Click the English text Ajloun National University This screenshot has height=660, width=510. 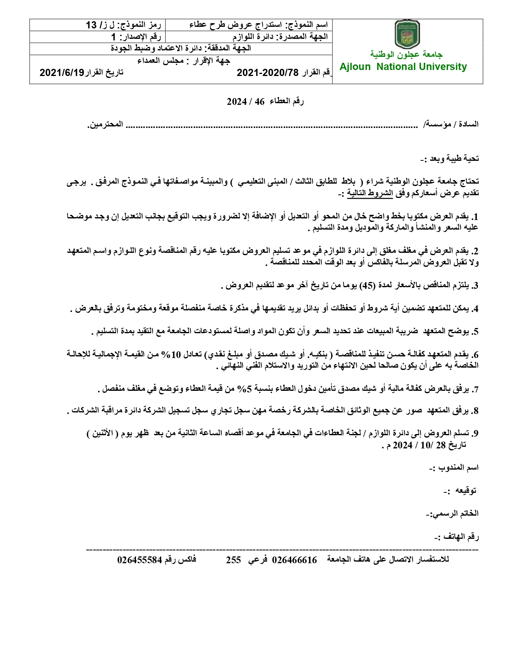tap(403, 67)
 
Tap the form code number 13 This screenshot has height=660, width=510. tap(92, 25)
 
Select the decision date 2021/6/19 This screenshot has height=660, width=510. tap(62, 72)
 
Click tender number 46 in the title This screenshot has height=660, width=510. tap(260, 102)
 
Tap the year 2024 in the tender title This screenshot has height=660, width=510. tap(237, 102)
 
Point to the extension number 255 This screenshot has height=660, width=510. tap(234, 560)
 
